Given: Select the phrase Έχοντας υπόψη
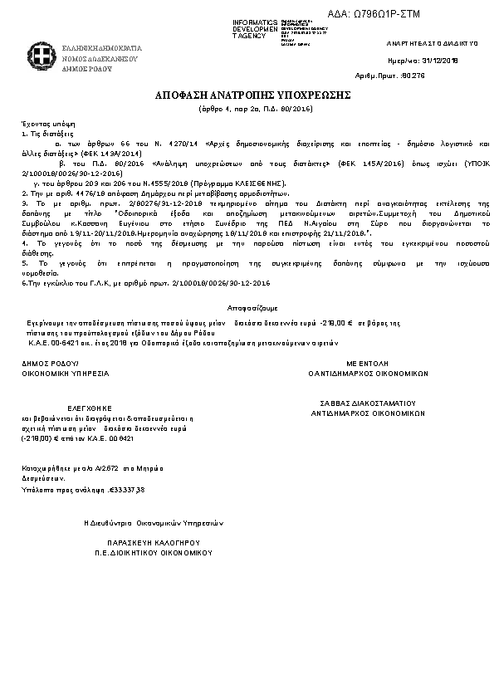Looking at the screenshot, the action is click(x=42, y=122).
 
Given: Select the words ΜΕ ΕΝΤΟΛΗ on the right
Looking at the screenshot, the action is click(x=368, y=364).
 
